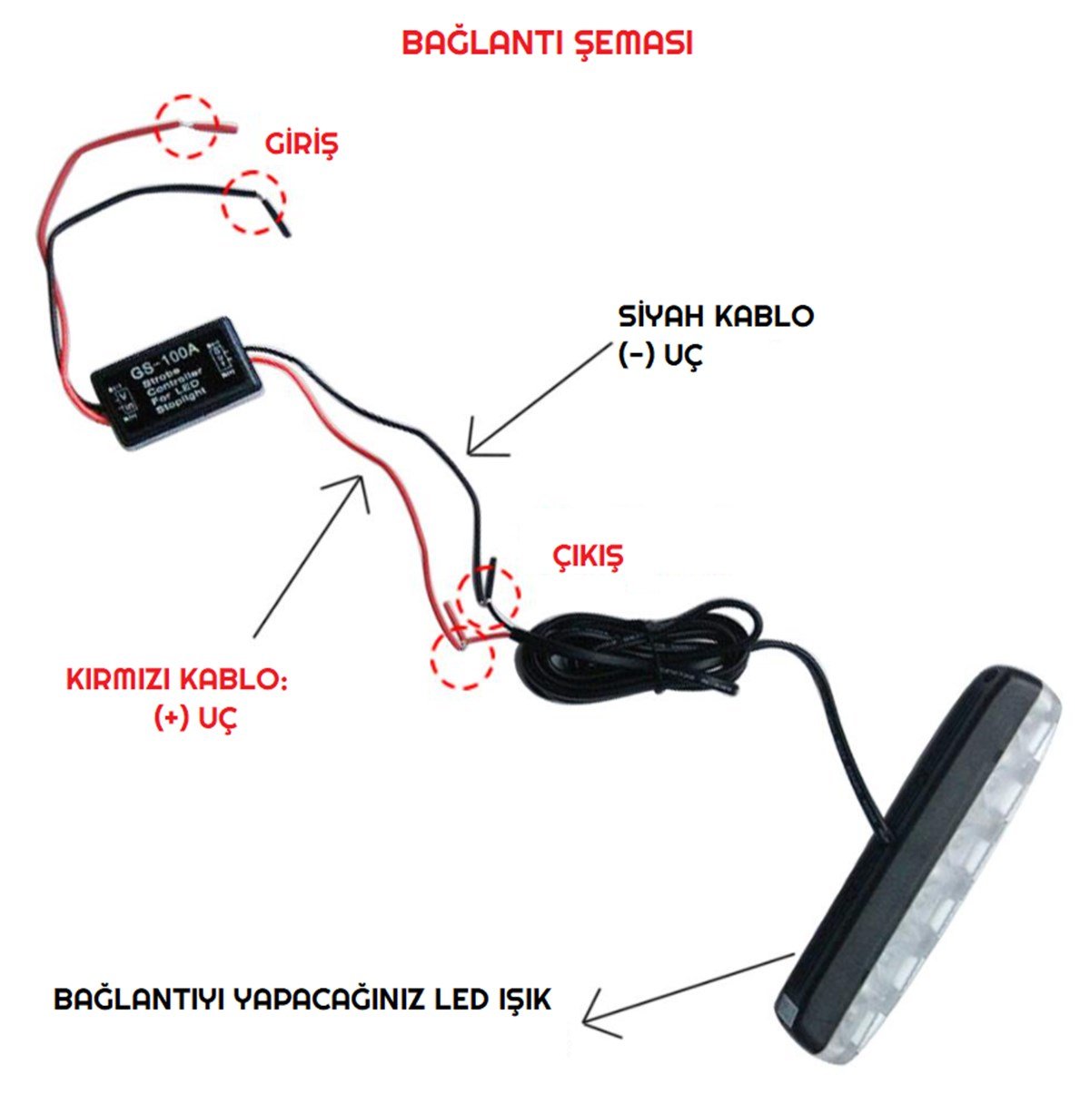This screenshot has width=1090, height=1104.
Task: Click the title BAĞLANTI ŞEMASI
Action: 547,43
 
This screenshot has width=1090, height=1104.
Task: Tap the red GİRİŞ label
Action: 301,143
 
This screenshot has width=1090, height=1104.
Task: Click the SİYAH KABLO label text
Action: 716,316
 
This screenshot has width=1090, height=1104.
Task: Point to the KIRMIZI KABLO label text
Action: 176,680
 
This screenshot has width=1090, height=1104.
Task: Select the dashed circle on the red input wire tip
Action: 186,125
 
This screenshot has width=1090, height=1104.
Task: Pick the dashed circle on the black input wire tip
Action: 254,202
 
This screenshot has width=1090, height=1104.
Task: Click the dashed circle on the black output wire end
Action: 489,596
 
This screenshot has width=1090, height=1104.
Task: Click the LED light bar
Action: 917,872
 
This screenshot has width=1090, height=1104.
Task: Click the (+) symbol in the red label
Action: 171,718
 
